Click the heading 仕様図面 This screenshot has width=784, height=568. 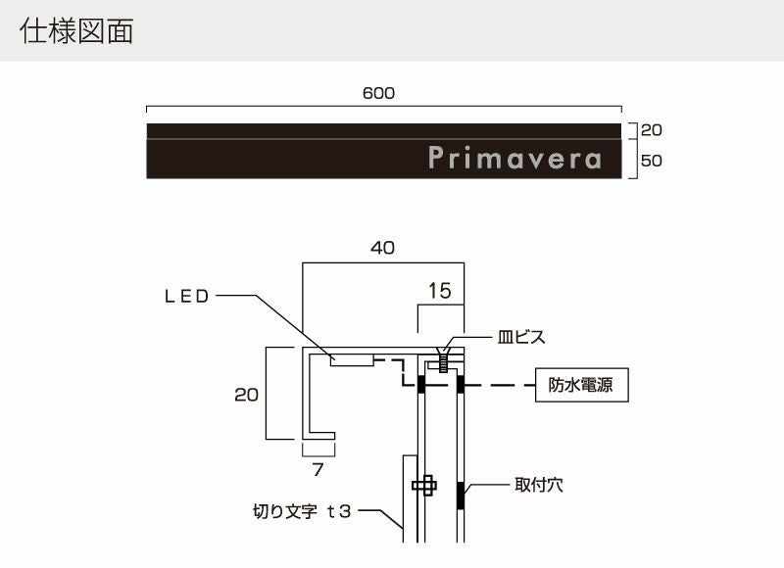[75, 31]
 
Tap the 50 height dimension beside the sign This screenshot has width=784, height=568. [652, 161]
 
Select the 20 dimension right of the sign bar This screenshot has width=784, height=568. [652, 129]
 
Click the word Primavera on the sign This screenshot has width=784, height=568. [514, 159]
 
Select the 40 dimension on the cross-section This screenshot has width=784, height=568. [382, 249]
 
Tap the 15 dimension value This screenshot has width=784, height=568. [440, 291]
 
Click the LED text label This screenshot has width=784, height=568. [186, 297]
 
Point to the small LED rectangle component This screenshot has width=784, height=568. [352, 360]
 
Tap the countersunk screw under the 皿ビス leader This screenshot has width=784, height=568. [443, 362]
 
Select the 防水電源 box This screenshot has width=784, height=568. [582, 386]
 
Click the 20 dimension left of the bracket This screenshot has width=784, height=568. [247, 395]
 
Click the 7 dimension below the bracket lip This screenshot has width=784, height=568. [317, 469]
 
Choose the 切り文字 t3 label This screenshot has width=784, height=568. [302, 510]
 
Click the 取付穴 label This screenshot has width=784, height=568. [538, 484]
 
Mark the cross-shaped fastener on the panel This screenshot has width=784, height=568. [424, 485]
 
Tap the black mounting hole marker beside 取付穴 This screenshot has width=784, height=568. [460, 496]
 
